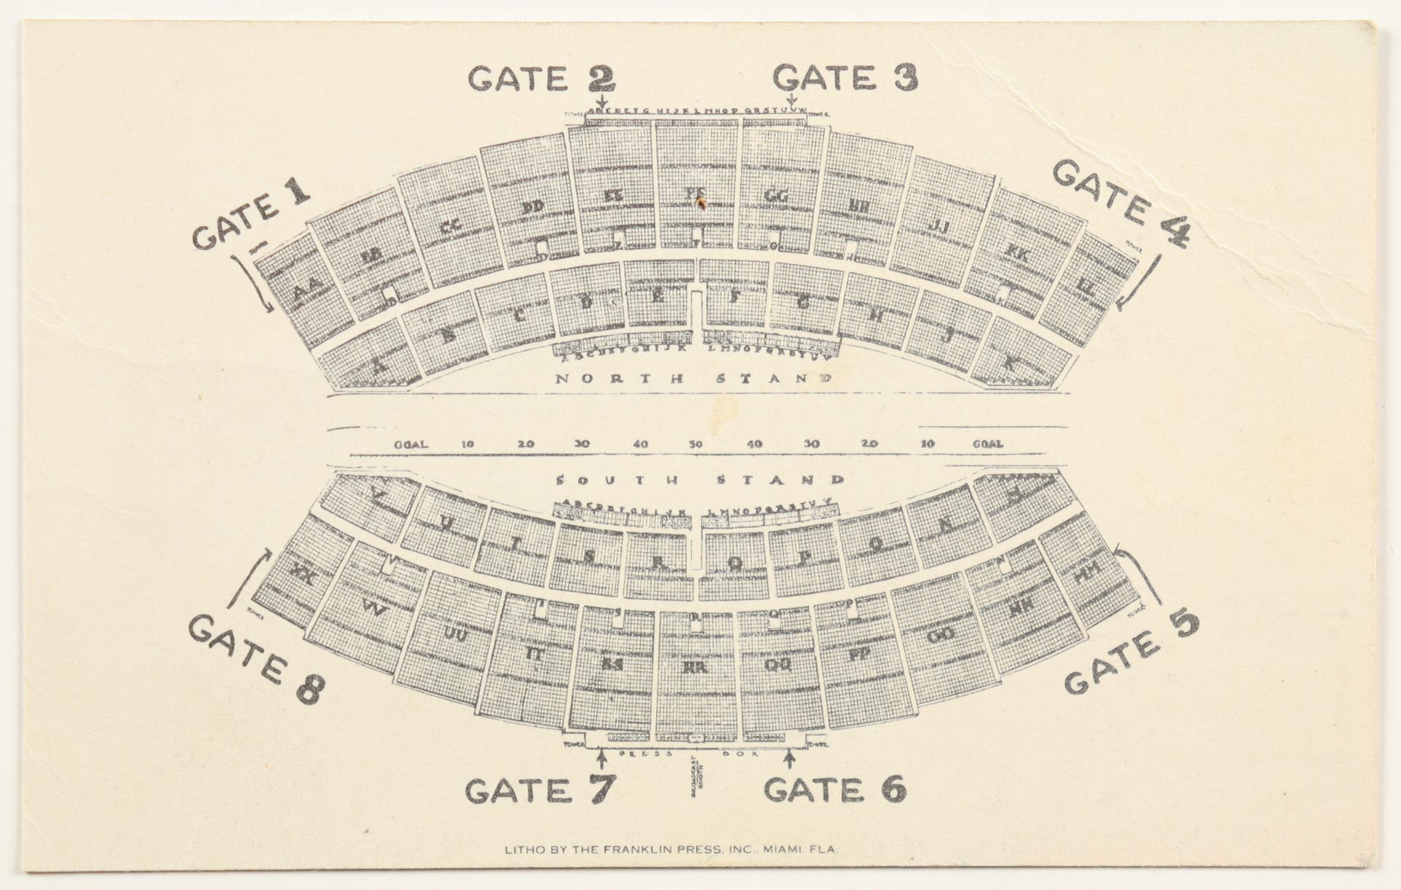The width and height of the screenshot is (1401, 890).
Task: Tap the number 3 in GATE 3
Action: (904, 78)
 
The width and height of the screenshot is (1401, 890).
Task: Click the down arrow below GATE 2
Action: (601, 101)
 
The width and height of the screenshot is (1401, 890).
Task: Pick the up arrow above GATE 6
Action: (789, 758)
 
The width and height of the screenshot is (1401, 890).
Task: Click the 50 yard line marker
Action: (695, 444)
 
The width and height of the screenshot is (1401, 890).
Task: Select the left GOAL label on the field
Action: (410, 444)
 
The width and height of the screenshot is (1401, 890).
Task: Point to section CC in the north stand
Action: (451, 226)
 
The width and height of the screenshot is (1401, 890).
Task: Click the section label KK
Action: (1017, 254)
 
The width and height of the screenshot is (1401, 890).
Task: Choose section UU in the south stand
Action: (456, 635)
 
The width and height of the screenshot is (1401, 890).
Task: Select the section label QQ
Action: (777, 665)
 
